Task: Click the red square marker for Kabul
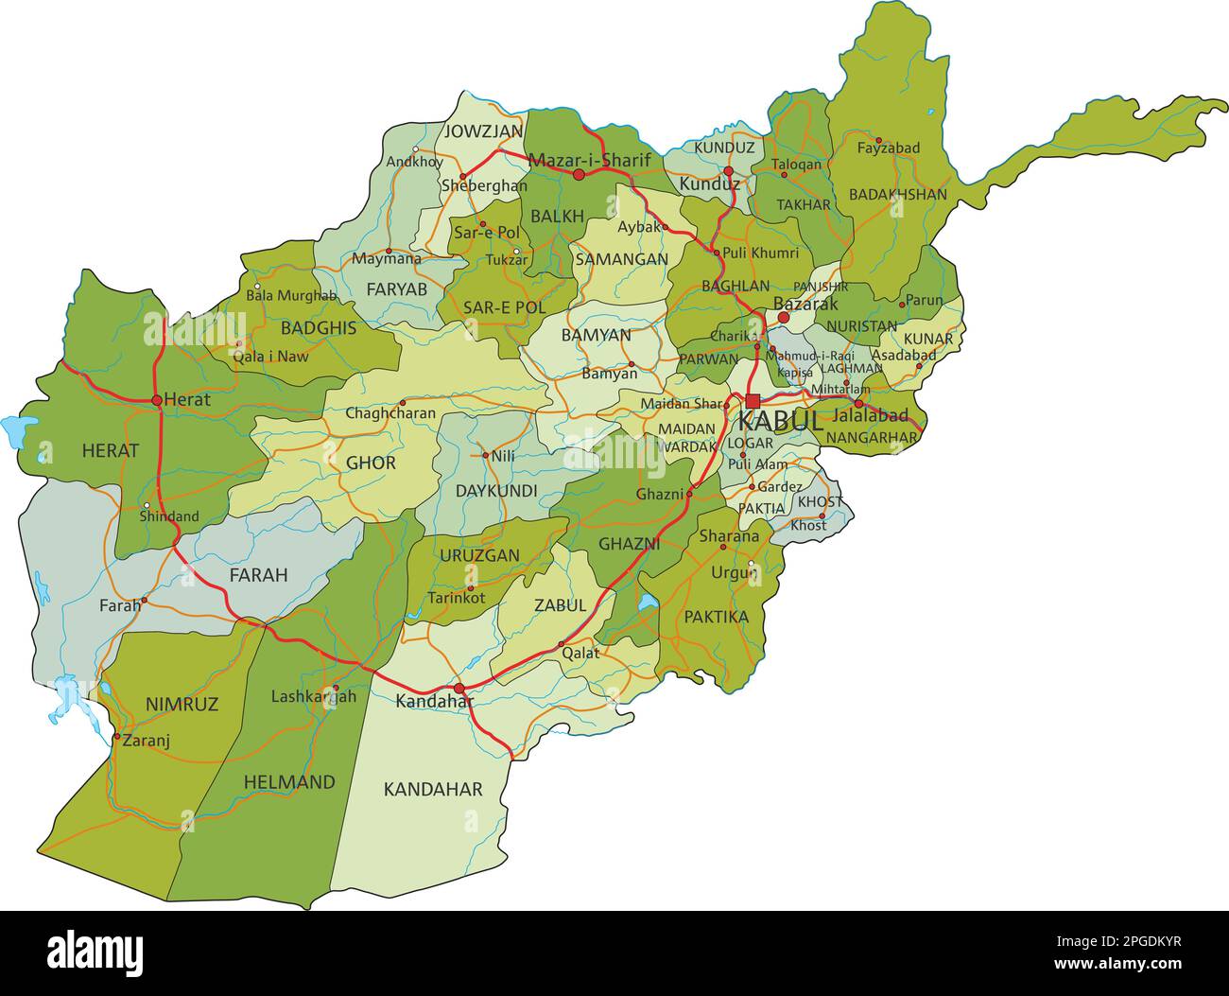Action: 753,400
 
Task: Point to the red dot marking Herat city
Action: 157,400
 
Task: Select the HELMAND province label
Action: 289,782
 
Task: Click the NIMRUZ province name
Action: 182,704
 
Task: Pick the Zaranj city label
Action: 146,741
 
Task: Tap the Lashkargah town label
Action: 314,696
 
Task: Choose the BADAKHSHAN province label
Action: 897,194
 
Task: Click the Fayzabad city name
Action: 888,149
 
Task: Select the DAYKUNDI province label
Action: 496,491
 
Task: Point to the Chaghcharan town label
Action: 390,413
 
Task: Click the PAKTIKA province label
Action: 716,617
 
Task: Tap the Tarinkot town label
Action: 456,598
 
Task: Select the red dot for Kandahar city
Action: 459,689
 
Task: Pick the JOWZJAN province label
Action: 483,131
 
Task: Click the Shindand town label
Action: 169,516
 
